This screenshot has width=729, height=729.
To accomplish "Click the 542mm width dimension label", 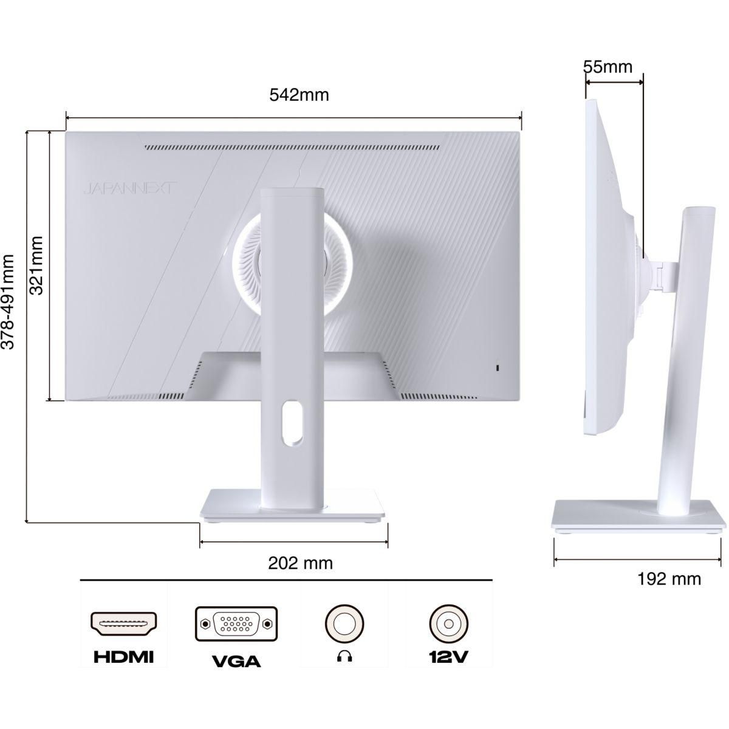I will [x=298, y=95].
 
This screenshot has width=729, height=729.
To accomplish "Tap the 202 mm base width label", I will [x=301, y=563].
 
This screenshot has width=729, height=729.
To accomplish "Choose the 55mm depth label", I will [x=608, y=66].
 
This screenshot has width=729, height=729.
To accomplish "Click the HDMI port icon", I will [x=124, y=623].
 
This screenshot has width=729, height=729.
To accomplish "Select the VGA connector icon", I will [x=236, y=623].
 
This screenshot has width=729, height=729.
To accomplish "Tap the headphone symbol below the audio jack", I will [x=344, y=656].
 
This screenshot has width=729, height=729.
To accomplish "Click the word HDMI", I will [x=124, y=657].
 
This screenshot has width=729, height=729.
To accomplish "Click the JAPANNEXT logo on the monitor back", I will [x=130, y=189].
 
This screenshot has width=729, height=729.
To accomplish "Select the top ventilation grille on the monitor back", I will [x=292, y=147].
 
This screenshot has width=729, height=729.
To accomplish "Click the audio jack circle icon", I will [x=344, y=623].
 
